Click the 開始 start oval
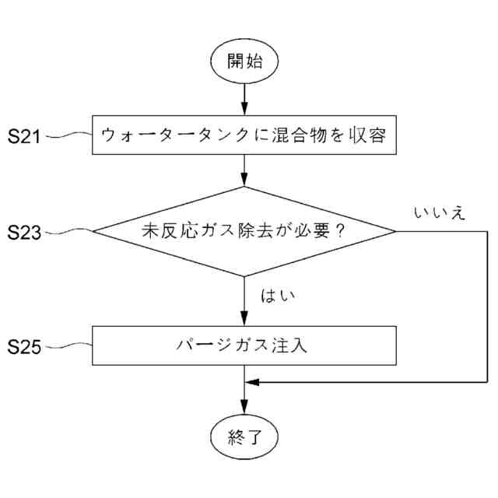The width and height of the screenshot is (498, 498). (244, 61)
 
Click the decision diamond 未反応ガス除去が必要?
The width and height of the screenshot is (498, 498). (244, 231)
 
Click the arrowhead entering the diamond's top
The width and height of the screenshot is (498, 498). (244, 180)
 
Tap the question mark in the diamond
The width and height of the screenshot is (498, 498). (338, 231)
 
